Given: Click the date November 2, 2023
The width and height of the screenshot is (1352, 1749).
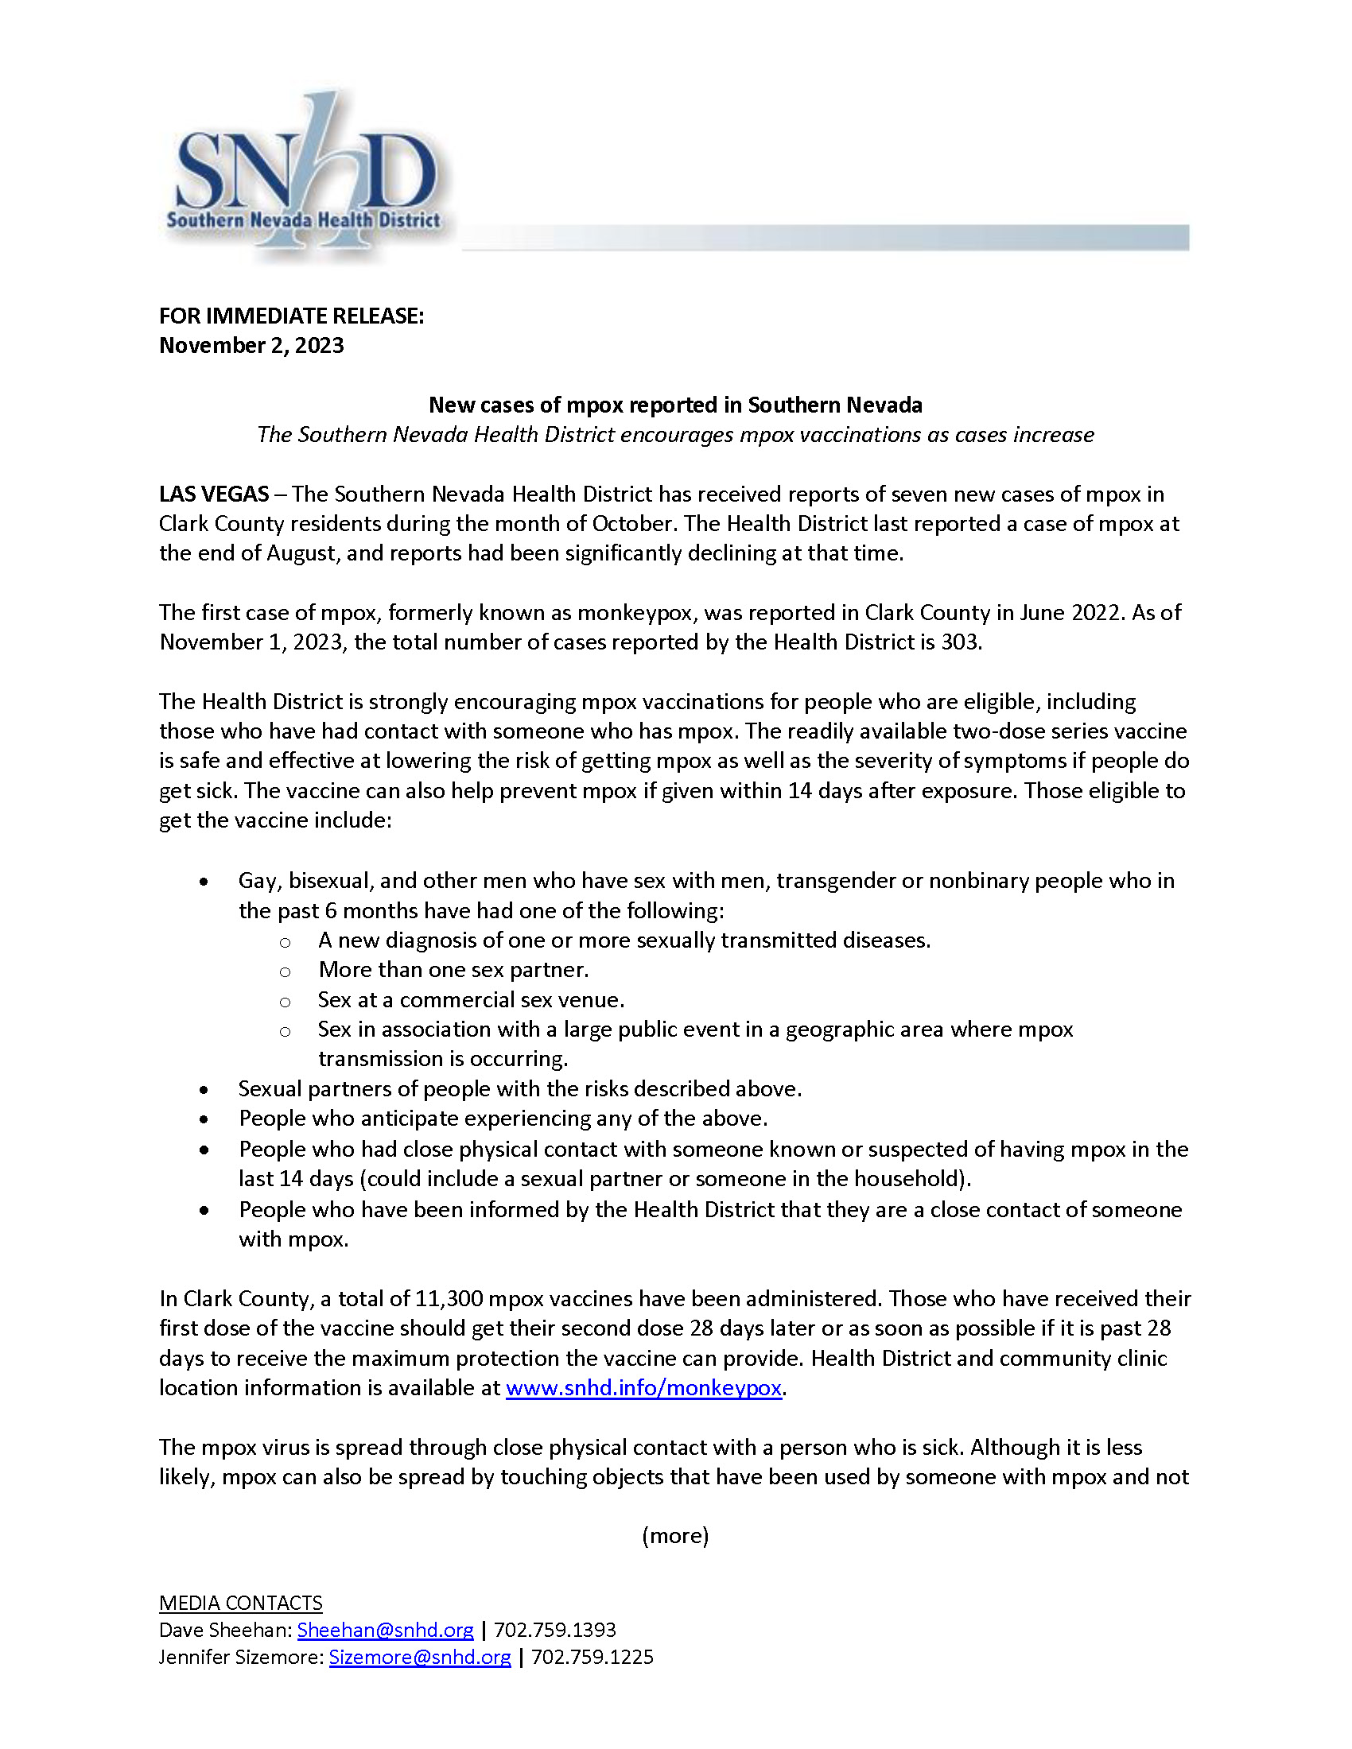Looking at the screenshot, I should [x=251, y=345].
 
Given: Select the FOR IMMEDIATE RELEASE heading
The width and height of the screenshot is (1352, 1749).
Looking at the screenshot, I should [x=291, y=316].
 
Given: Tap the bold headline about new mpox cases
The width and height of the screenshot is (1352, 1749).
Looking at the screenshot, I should [x=675, y=405].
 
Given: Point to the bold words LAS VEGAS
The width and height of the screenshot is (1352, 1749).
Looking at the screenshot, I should [x=213, y=494].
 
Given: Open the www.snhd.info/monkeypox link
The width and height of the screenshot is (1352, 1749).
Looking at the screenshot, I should [x=643, y=1387].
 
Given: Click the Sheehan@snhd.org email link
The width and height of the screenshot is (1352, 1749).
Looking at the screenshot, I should [x=385, y=1630].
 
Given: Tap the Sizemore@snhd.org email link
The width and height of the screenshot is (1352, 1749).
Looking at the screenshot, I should [x=420, y=1657].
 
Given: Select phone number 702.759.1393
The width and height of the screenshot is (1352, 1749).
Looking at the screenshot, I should [x=554, y=1630].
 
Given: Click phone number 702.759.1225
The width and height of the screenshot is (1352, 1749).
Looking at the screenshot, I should [x=592, y=1657].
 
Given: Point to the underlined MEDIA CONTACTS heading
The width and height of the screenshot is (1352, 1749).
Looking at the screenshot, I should [x=240, y=1603].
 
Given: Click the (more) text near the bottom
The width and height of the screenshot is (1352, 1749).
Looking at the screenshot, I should [x=675, y=1535].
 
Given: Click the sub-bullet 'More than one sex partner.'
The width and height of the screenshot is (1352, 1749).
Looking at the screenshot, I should [x=453, y=970].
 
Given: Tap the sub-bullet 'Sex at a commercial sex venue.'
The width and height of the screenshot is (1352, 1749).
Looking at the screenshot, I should [x=471, y=999].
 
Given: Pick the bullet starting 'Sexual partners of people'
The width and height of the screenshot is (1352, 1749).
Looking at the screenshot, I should [x=520, y=1088].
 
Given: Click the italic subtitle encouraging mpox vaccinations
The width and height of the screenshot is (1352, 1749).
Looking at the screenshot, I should [x=675, y=435].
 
